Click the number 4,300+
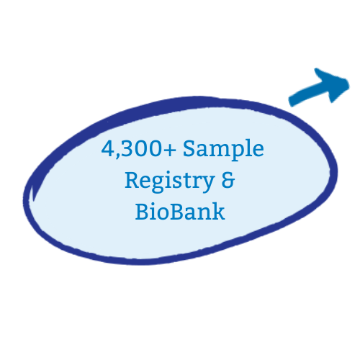(139, 149)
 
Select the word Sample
(223, 149)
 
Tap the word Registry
(170, 181)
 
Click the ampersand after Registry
(228, 180)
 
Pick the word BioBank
(180, 212)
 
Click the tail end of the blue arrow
(290, 101)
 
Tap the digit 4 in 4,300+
(107, 148)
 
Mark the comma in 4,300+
(117, 156)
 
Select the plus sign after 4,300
(170, 150)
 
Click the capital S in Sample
(189, 148)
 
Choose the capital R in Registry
(132, 180)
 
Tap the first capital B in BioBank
(142, 212)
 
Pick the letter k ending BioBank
(218, 211)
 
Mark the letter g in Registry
(158, 184)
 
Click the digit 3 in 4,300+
(127, 148)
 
